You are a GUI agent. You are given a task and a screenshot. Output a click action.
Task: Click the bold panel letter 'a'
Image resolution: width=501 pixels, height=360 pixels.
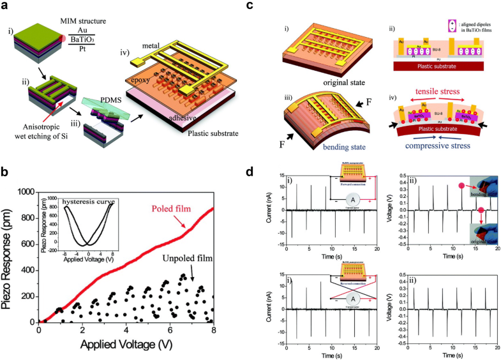coord(6,6)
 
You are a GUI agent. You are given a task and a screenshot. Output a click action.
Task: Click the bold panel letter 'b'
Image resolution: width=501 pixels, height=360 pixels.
coord(6,173)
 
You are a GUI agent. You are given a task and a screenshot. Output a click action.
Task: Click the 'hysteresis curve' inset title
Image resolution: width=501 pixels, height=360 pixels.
coord(87,202)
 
